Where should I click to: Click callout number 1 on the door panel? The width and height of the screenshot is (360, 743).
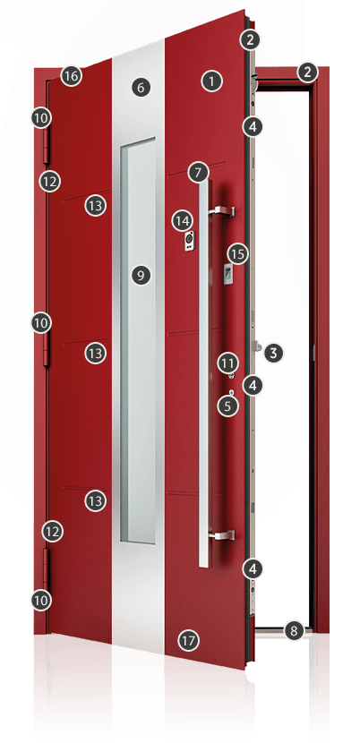(211, 81)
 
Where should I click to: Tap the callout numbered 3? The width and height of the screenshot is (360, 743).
(274, 353)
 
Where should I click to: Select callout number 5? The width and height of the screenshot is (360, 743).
(228, 406)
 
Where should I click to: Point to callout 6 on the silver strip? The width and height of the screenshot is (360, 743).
(141, 87)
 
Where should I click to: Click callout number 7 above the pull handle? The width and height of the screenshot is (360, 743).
(198, 173)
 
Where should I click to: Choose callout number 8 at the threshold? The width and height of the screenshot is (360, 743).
(294, 631)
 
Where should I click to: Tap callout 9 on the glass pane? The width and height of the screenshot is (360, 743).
(141, 275)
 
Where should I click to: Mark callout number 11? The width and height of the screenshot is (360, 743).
(227, 364)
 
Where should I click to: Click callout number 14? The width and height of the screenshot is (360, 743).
(182, 220)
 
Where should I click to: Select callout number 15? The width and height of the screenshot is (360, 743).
(237, 254)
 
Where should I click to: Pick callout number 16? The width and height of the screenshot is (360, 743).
(71, 76)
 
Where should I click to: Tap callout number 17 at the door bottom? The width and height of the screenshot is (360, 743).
(188, 641)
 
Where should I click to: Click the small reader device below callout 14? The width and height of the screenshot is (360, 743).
(190, 242)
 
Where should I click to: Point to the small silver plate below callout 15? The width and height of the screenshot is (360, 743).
(228, 275)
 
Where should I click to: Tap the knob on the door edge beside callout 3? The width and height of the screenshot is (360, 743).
(257, 346)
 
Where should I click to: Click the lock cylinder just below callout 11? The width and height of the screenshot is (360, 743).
(231, 376)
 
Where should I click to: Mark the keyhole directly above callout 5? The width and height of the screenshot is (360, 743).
(231, 392)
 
